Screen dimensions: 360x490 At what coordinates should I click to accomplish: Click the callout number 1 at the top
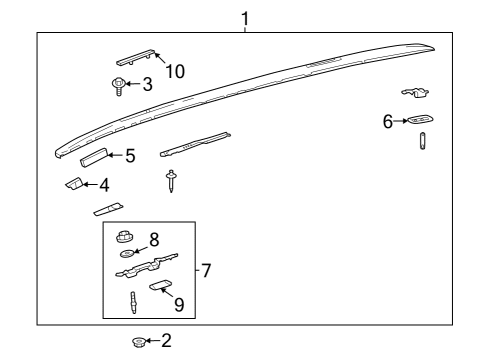coord(243,17)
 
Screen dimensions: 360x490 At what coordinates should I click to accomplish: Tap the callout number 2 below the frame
coord(166,342)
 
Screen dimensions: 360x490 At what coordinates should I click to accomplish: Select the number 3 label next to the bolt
coord(147,85)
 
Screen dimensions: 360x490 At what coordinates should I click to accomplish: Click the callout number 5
coord(129,155)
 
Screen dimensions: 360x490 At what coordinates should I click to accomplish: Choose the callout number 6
coord(387,121)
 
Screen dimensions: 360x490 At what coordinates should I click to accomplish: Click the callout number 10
coord(175,70)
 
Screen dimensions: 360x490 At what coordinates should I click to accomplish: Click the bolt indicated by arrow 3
coord(117,87)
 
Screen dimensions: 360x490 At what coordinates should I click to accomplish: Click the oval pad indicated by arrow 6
coord(421,120)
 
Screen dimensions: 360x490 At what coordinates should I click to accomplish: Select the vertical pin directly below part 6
coord(422,140)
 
